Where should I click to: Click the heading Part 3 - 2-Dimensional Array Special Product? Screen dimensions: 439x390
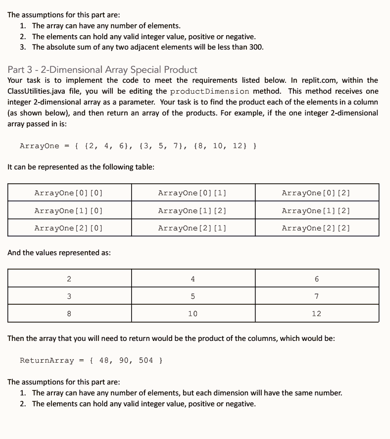[x=102, y=69]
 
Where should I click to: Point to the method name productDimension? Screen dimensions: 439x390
[x=209, y=91]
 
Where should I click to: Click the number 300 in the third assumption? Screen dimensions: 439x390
[x=255, y=48]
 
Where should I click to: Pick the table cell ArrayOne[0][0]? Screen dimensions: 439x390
[x=69, y=193]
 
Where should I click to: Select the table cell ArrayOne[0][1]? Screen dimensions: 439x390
[x=193, y=193]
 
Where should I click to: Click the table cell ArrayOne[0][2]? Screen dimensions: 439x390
[x=316, y=193]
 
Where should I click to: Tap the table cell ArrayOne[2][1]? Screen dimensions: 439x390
[x=193, y=228]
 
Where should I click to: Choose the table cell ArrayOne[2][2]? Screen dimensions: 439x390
[x=316, y=228]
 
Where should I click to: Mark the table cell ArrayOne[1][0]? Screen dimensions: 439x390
[x=69, y=211]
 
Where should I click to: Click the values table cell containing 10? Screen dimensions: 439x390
[x=193, y=314]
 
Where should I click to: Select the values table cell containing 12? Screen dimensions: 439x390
[x=316, y=314]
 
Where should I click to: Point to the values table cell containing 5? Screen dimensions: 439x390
[x=193, y=296]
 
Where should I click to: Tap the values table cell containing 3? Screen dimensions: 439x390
[x=69, y=296]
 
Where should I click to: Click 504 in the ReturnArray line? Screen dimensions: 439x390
[x=146, y=360]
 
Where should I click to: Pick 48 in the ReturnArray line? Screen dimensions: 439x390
[x=104, y=360]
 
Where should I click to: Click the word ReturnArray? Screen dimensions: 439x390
[x=47, y=360]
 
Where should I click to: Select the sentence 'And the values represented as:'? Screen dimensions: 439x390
[x=59, y=253]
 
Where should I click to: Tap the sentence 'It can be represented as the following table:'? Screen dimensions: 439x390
[x=81, y=167]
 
